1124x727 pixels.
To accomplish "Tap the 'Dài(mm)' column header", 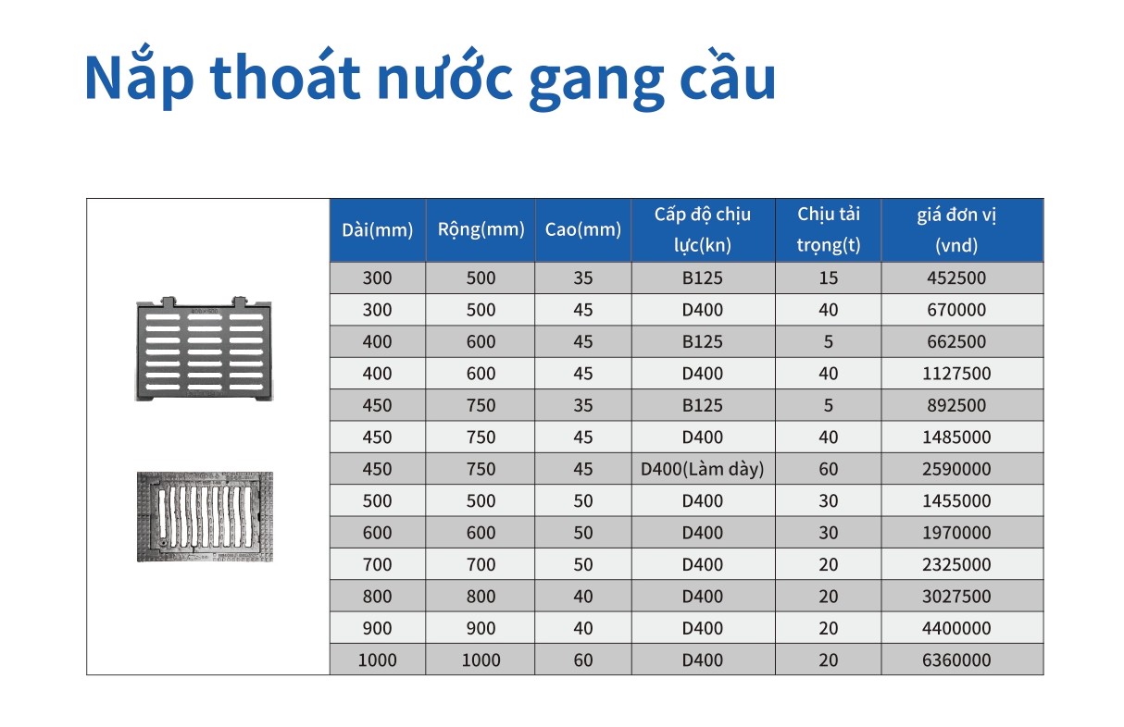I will coord(377,230).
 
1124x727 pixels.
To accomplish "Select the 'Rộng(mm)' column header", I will coord(481,229).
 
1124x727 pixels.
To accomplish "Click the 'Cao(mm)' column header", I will coord(583,230).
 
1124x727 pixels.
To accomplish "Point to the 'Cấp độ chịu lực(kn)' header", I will coord(703,229).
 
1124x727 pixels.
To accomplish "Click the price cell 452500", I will coord(957,278).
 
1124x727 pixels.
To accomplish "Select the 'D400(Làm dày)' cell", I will coord(703,469).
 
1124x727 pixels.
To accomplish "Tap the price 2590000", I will coord(957,469).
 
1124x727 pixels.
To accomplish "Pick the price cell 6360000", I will coord(957,660).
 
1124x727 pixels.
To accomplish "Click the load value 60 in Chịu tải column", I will coord(828,469).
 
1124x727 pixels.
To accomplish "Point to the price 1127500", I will coord(957,374).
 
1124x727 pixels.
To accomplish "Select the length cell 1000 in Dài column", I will coord(377,660).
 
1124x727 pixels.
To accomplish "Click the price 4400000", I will coord(957,629).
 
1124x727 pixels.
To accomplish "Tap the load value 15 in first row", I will coord(828,278).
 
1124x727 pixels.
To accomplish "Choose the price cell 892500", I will coord(957,405).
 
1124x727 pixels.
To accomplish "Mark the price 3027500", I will coord(957,597).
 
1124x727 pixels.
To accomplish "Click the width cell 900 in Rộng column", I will coord(481,629).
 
